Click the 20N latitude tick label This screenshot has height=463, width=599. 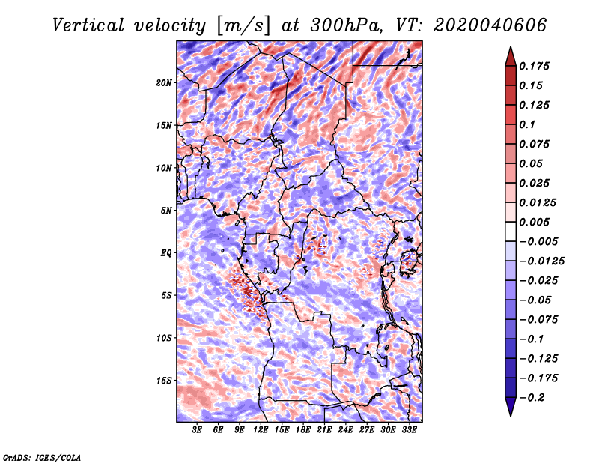[x=164, y=82]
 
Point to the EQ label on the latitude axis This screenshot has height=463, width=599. [x=166, y=252]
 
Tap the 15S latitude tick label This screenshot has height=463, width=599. [x=164, y=380]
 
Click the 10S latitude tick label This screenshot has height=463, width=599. [x=164, y=338]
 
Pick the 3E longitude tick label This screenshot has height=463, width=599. [x=198, y=430]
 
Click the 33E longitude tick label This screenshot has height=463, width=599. [x=410, y=430]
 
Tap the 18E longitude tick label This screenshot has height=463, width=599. [x=303, y=430]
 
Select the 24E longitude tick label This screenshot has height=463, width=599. [x=346, y=430]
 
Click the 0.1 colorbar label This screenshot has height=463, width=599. [x=527, y=124]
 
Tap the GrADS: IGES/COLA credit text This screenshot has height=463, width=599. [x=41, y=456]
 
